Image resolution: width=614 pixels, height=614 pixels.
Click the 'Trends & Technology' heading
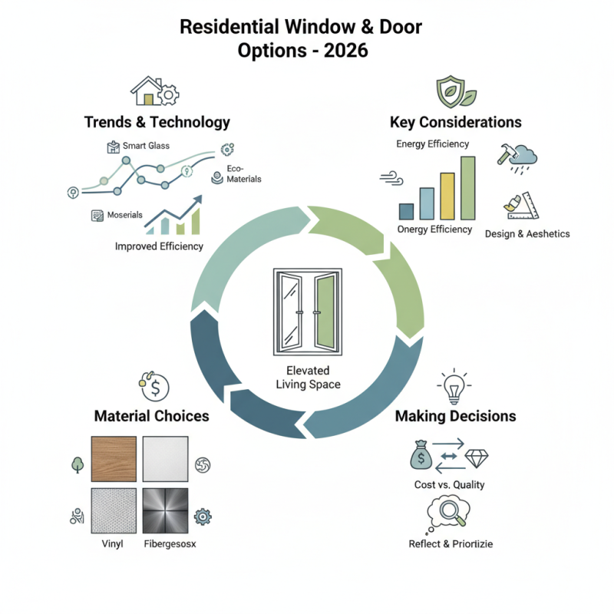[x=157, y=122]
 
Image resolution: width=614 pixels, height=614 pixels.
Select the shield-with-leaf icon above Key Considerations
[x=451, y=91]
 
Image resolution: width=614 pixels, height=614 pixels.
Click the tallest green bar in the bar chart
[x=467, y=188]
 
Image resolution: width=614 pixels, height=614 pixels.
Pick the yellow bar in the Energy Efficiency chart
[x=447, y=196]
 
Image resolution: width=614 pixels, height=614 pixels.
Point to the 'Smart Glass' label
[x=146, y=145]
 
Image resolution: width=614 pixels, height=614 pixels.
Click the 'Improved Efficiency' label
[x=159, y=246]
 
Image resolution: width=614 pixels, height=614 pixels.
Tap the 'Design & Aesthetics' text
[x=527, y=233]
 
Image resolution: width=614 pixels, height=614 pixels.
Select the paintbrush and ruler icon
[x=521, y=204]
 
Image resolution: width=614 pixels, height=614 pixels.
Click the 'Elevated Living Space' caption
[x=306, y=378]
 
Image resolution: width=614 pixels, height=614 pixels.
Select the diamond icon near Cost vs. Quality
[x=477, y=458]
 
